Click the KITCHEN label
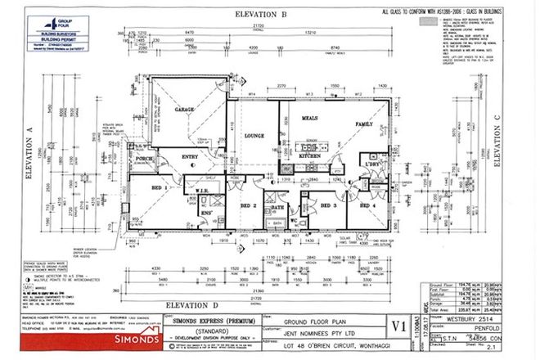click(x=310, y=155)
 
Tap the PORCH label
click(x=146, y=159)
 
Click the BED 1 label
click(x=158, y=187)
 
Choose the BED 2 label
click(x=250, y=205)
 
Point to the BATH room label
click(x=277, y=208)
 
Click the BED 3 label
click(x=329, y=205)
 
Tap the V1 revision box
click(x=399, y=326)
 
